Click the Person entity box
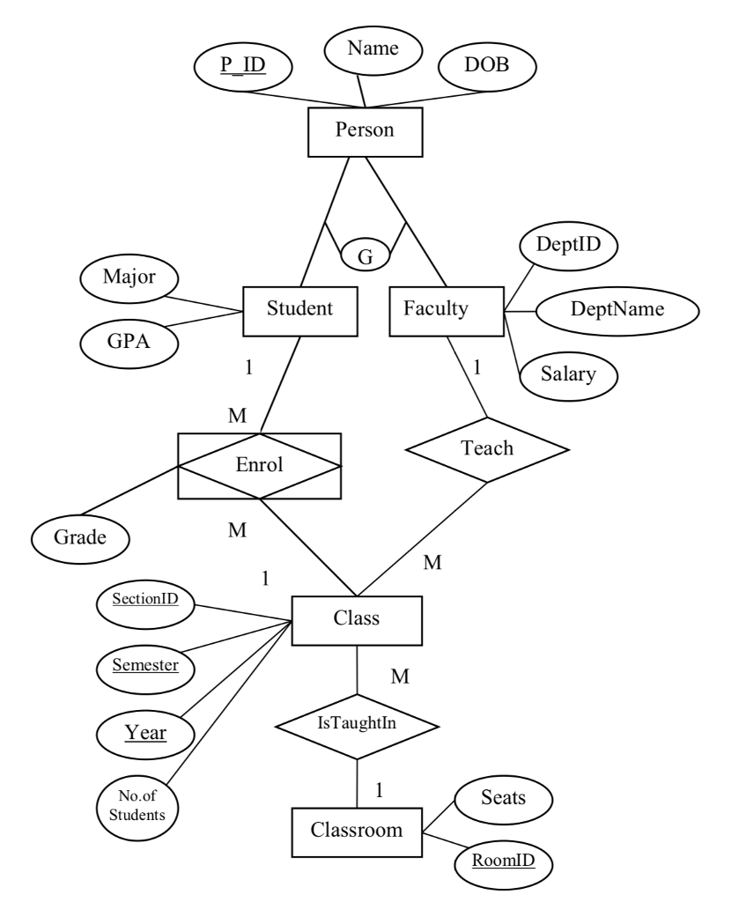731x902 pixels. tap(364, 133)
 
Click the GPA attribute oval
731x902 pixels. tap(130, 340)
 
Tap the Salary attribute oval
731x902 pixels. tap(568, 373)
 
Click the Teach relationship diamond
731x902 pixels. tap(488, 448)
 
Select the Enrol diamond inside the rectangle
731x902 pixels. tap(260, 464)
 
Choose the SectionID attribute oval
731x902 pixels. tap(144, 601)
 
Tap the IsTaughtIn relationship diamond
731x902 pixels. tap(357, 726)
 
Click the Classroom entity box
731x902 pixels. tap(357, 830)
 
